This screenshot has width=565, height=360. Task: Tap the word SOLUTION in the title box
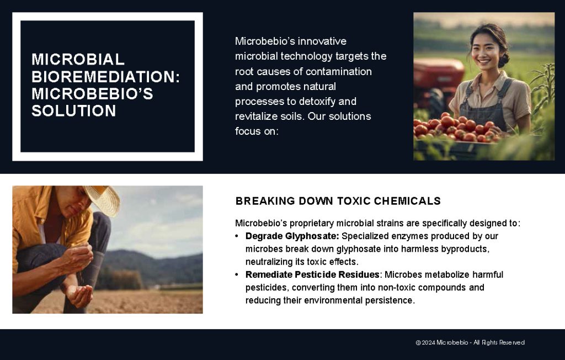click(73, 111)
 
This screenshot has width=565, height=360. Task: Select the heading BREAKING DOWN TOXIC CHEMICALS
click(338, 201)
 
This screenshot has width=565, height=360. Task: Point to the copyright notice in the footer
click(470, 342)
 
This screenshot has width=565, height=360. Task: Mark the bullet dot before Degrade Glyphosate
click(237, 236)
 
